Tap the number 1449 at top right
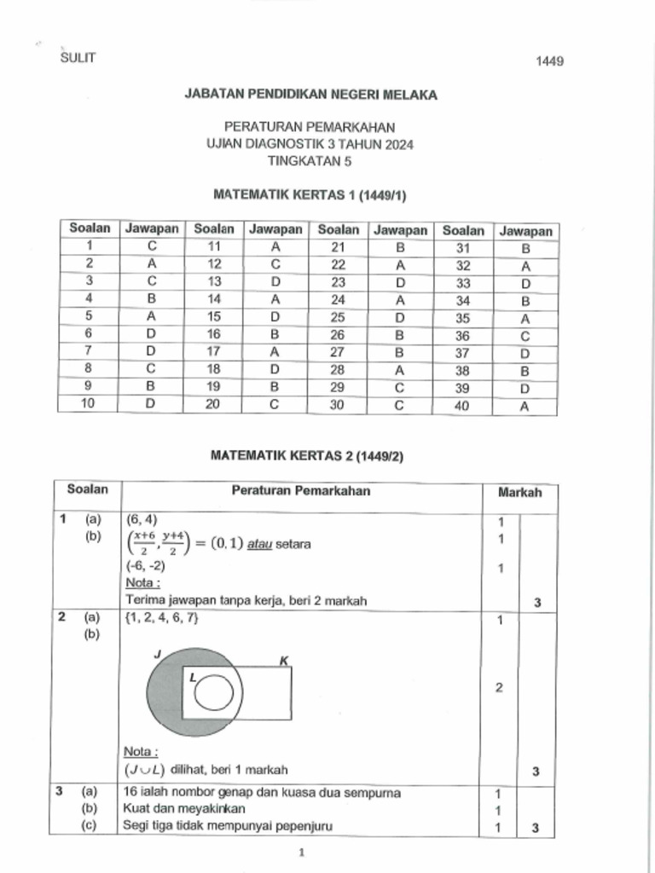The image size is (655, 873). pyautogui.click(x=549, y=61)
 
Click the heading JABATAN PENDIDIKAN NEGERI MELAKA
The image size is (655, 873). pyautogui.click(x=310, y=95)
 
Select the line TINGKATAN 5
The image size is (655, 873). pyautogui.click(x=310, y=160)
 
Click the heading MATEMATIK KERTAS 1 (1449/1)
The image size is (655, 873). pyautogui.click(x=310, y=195)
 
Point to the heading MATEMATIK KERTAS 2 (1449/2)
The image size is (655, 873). pyautogui.click(x=307, y=456)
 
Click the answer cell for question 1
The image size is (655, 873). pyautogui.click(x=152, y=248)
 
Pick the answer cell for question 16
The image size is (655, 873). pyautogui.click(x=275, y=335)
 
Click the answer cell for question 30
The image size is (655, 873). pyautogui.click(x=399, y=405)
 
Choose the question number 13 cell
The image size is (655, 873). pyautogui.click(x=214, y=282)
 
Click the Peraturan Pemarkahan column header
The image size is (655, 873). pyautogui.click(x=301, y=491)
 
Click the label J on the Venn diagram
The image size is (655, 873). pyautogui.click(x=156, y=653)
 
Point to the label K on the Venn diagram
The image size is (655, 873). pyautogui.click(x=284, y=660)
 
